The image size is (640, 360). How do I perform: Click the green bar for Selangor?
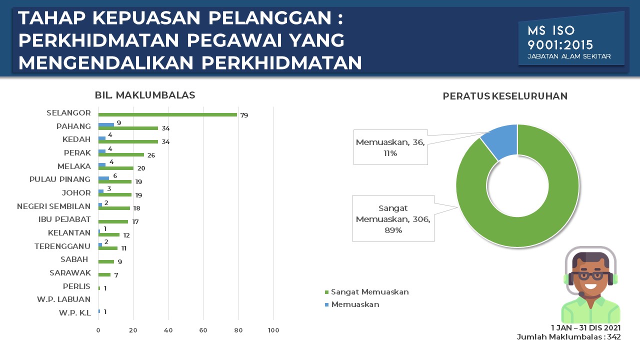[167, 115]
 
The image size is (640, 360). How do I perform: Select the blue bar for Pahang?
[106, 124]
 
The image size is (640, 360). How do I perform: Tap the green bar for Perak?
[121, 155]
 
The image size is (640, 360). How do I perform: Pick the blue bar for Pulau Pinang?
[103, 178]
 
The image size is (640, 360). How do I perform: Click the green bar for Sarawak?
[104, 275]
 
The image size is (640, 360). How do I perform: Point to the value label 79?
[244, 115]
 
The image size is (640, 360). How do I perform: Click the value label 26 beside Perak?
[151, 155]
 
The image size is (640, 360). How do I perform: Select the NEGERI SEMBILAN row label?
[53, 206]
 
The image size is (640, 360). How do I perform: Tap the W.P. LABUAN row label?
[63, 299]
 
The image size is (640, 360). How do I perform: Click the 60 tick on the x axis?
[203, 330]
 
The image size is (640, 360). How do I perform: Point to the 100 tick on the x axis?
[273, 330]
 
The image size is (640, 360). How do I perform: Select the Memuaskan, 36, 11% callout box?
[390, 147]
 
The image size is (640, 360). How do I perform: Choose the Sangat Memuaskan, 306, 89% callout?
[393, 219]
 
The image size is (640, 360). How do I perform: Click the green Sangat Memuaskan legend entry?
[367, 292]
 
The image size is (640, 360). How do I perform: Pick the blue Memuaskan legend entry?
[352, 304]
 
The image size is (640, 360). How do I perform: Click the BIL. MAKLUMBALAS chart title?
[145, 95]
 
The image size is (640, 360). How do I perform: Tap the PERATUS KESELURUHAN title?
[505, 96]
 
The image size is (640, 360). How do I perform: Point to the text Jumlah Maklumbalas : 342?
[569, 337]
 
